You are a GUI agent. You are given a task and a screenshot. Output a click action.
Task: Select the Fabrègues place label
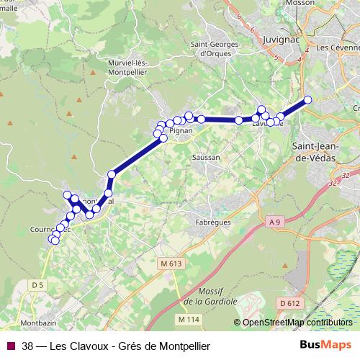tap(212, 222)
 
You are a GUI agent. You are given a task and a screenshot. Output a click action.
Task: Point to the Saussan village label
tap(206, 156)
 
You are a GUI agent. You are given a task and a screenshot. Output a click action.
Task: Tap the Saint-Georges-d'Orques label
tap(215, 48)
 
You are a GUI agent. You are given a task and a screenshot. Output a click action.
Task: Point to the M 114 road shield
tap(188, 318)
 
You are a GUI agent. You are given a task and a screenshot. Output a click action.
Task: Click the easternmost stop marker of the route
tap(308, 100)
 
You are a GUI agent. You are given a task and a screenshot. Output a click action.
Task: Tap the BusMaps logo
tap(325, 346)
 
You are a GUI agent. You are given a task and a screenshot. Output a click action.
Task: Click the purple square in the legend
tap(11, 346)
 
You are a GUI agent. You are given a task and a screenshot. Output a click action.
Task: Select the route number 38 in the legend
tap(27, 346)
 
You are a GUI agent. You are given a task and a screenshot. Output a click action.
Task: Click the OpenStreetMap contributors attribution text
tap(297, 323)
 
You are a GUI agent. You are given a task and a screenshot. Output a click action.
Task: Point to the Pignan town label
tap(182, 132)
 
